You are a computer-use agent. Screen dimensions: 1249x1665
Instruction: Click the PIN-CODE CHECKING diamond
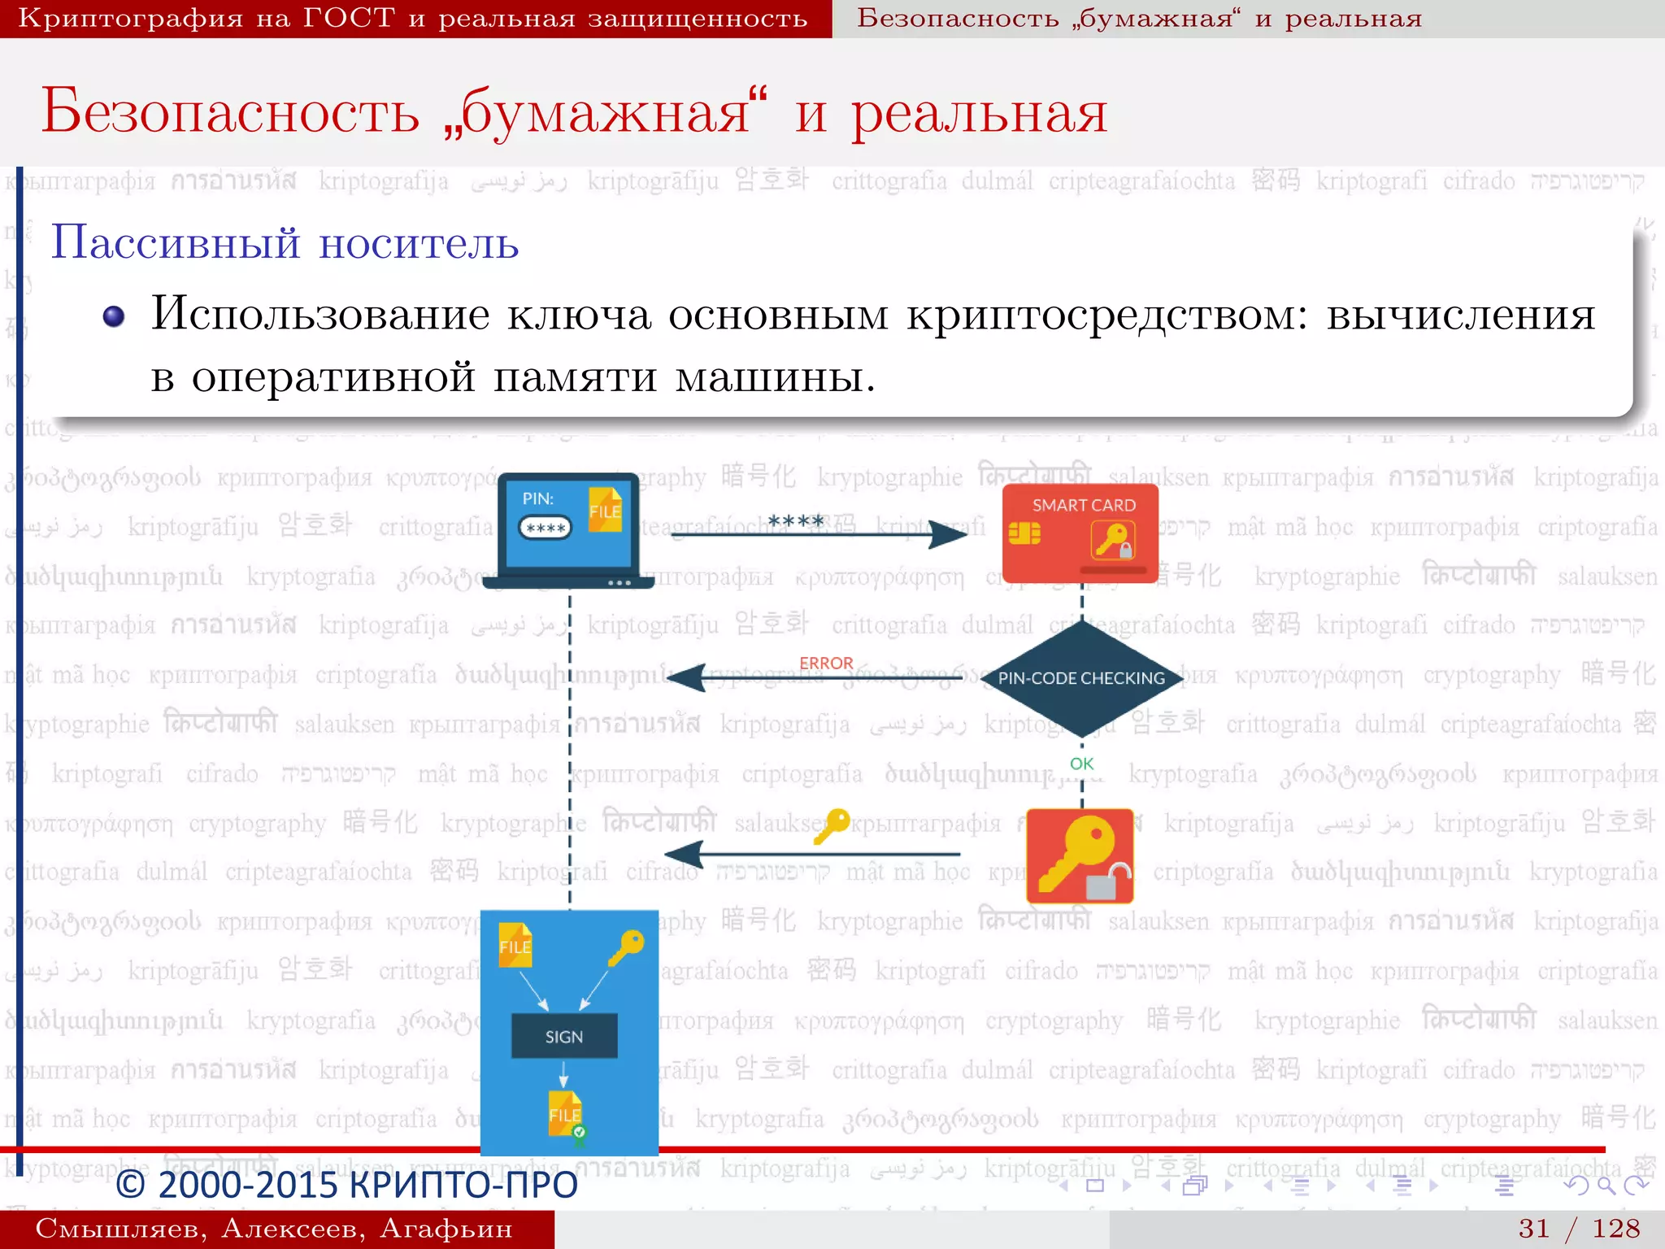coord(1081,678)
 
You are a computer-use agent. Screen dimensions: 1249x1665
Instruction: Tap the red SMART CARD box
coord(1080,533)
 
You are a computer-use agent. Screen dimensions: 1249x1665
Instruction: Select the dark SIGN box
coord(564,1036)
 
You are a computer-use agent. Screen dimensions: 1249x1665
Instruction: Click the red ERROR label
coord(826,663)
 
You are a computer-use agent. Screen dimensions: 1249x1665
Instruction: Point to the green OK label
coord(1081,764)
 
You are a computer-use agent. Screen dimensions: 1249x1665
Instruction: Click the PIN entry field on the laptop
coord(545,528)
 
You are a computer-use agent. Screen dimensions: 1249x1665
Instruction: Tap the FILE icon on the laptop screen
coord(605,510)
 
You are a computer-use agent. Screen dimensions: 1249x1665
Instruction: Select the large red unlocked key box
coord(1080,855)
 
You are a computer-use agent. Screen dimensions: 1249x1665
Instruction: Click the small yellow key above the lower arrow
coord(832,826)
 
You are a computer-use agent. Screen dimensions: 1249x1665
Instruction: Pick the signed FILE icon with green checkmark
coord(566,1116)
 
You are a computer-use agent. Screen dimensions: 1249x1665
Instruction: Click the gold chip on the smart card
coord(1024,533)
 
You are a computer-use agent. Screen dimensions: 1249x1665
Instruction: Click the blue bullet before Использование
coord(114,316)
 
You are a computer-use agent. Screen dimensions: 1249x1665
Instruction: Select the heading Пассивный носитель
coord(285,242)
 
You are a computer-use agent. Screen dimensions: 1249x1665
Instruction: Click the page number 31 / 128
coord(1579,1228)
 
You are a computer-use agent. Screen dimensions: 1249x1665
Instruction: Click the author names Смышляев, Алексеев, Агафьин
coord(274,1228)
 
